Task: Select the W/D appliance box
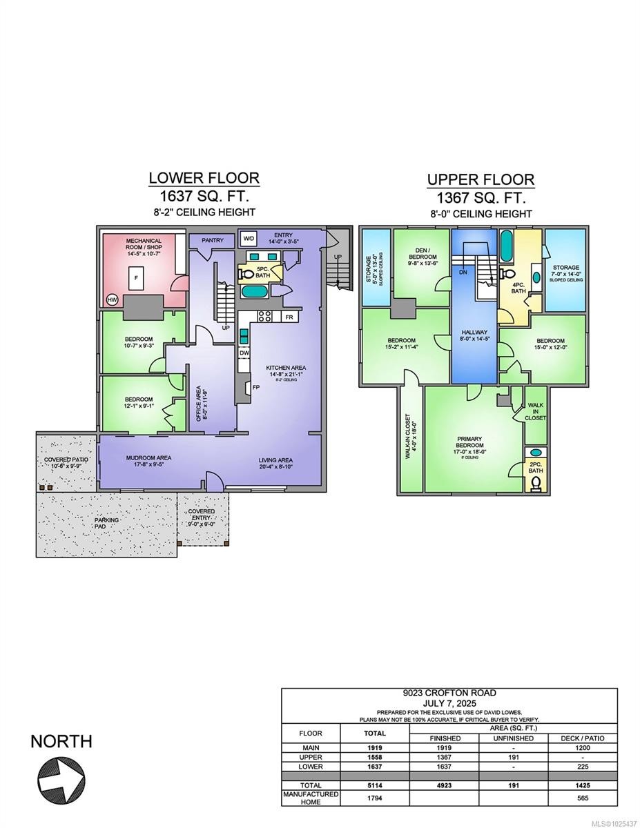[x=247, y=239]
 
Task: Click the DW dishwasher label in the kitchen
[x=244, y=353]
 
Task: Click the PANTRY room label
[x=212, y=239]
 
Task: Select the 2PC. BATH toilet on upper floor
[x=537, y=483]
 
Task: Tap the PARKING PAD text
[x=107, y=524]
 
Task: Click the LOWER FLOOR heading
[x=204, y=178]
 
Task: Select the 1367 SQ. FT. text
[x=480, y=197]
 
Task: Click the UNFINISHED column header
[x=513, y=738]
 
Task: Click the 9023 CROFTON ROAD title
[x=449, y=693]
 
